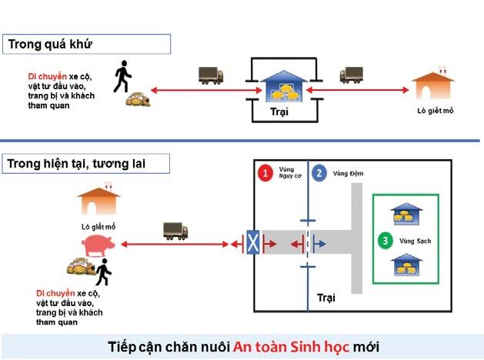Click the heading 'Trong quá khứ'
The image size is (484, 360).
50,44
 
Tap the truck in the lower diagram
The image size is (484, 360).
175,230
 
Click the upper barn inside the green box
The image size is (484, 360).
405,215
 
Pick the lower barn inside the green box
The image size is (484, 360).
405,265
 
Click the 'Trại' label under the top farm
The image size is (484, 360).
279,112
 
